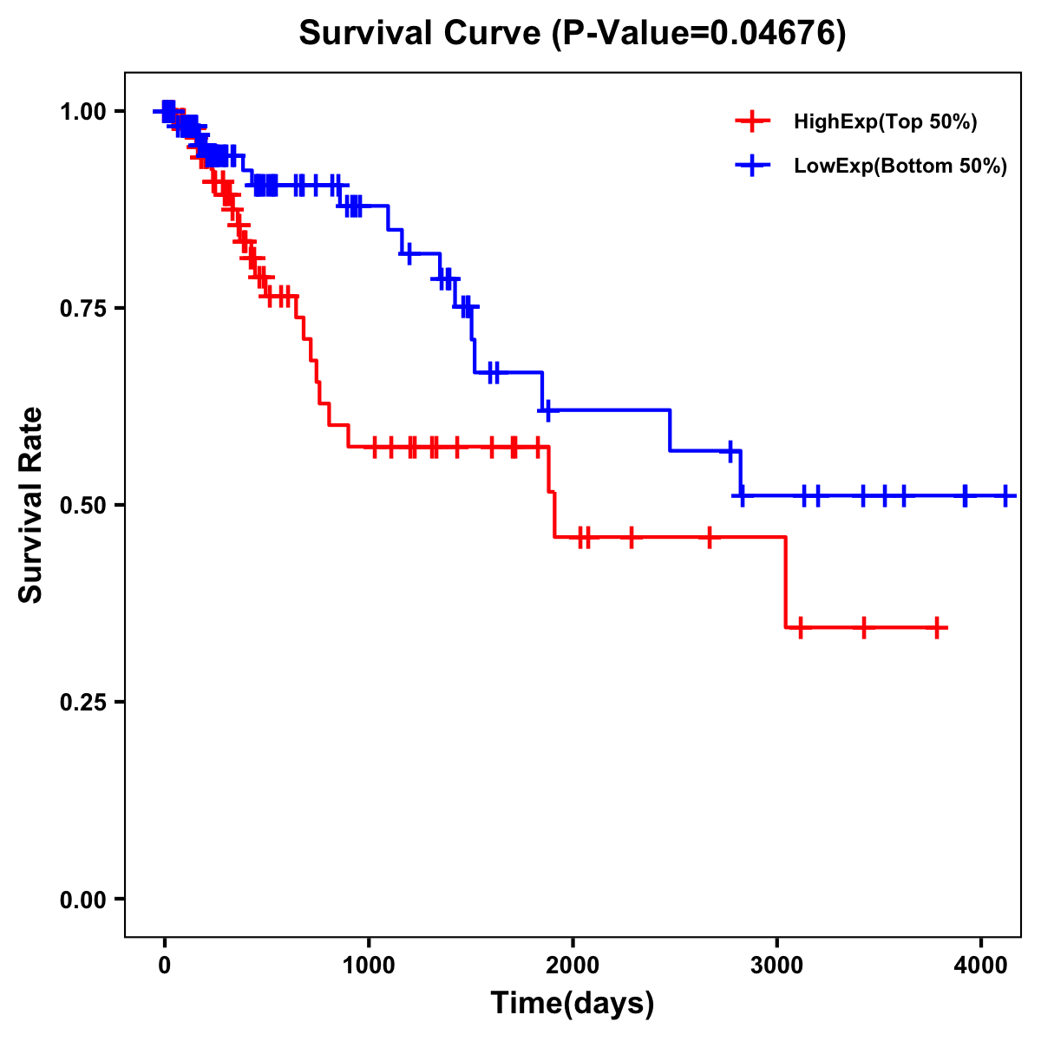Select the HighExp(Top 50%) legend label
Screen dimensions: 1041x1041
pos(885,122)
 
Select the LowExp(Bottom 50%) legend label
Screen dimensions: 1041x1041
pos(900,167)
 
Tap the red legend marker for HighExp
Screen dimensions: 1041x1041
pos(752,121)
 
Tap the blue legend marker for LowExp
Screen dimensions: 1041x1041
pos(752,166)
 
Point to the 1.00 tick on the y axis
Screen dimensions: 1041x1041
pos(83,111)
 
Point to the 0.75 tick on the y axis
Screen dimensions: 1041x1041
pos(83,308)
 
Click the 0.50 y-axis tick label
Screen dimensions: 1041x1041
pos(83,505)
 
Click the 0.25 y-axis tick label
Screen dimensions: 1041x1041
pos(83,702)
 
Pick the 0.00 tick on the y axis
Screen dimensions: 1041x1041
pos(83,899)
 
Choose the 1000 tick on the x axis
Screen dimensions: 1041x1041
pos(369,964)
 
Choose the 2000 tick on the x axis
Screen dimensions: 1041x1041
pos(573,964)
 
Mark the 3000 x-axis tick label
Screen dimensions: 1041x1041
pos(777,964)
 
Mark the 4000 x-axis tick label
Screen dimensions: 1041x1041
pos(981,964)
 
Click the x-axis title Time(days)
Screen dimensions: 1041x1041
pos(573,1004)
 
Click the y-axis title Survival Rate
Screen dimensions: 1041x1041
pos(31,505)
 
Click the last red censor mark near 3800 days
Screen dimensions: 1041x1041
pos(937,627)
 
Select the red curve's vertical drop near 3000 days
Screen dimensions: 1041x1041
pos(785,581)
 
